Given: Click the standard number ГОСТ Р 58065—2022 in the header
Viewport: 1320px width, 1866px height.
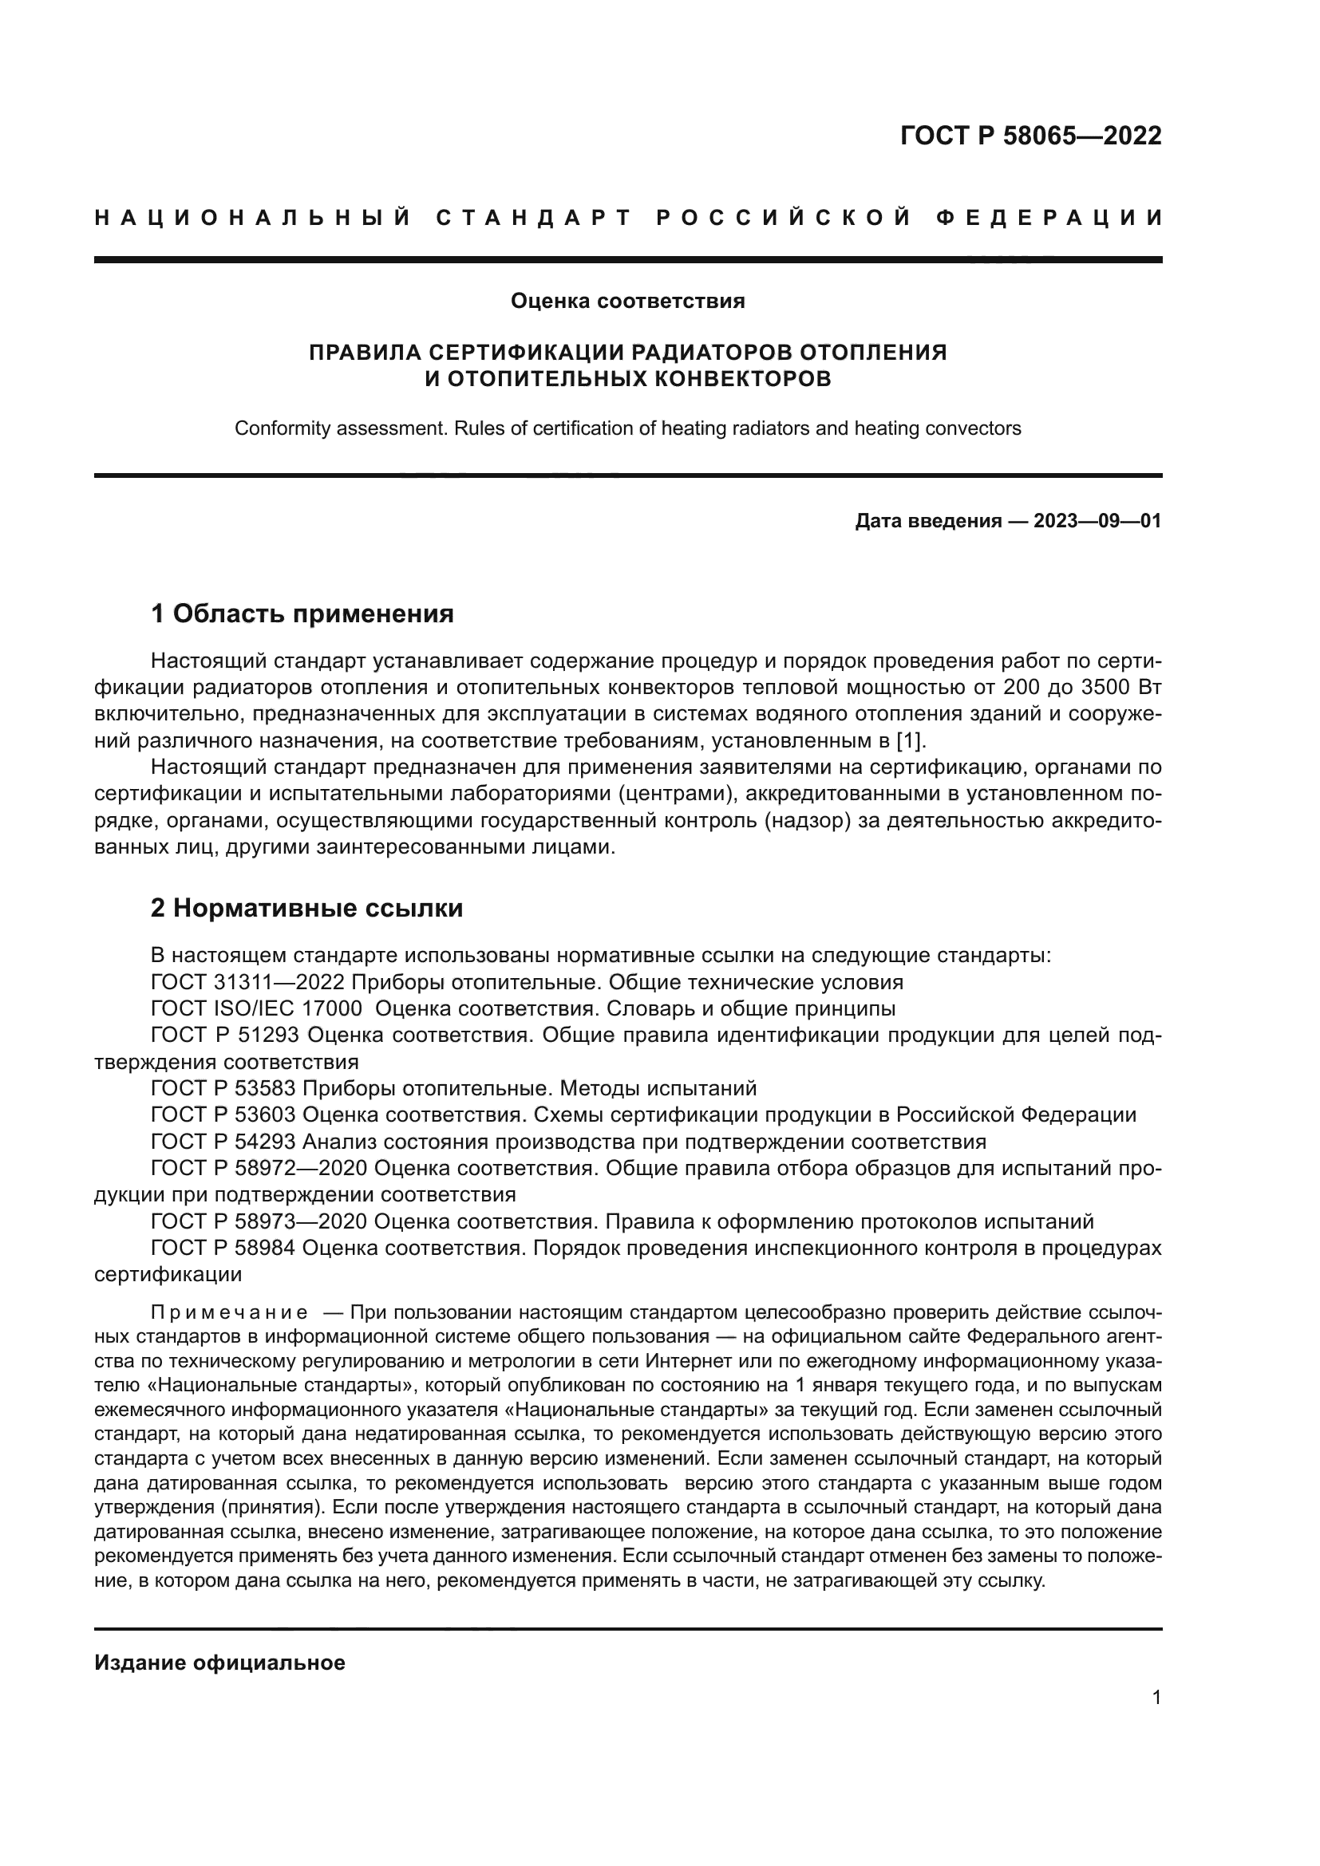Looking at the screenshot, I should (x=1030, y=136).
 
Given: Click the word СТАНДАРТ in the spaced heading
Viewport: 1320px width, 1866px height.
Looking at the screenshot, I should (x=534, y=218).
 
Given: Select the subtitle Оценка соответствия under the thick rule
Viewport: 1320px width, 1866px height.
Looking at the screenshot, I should (x=627, y=302).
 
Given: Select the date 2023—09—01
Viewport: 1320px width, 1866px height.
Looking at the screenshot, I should (x=1097, y=521).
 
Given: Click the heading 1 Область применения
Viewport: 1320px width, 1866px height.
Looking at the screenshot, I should (x=302, y=613).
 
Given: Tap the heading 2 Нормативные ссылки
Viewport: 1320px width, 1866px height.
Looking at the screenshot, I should (x=306, y=908).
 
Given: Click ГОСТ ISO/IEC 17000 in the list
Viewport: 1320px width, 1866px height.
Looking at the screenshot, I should (x=256, y=1009).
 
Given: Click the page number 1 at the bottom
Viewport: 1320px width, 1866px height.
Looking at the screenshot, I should (x=1156, y=1698).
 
